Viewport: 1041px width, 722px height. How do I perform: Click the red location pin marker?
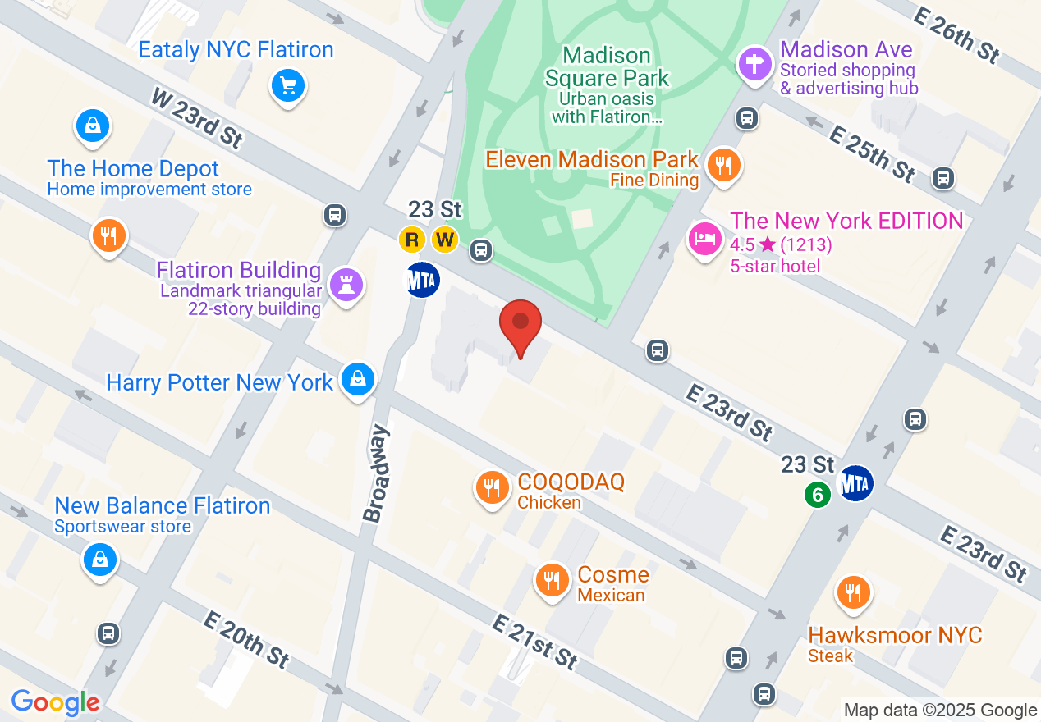[520, 324]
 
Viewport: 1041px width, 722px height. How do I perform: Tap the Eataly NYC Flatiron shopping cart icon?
[287, 85]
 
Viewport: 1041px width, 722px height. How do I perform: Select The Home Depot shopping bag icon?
[94, 126]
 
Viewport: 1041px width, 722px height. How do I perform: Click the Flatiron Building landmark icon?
[346, 285]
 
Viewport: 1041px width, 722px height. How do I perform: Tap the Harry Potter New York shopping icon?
[358, 379]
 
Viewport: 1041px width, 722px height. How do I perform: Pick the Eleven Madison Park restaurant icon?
[722, 165]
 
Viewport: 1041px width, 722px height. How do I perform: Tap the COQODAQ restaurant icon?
[492, 488]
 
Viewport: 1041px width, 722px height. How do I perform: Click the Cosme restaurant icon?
[552, 581]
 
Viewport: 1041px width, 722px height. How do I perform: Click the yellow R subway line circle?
[412, 240]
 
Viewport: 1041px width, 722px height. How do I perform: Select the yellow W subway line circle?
[445, 240]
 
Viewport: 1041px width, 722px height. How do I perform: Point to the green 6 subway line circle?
[817, 495]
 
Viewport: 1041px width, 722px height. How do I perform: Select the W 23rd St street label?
[197, 118]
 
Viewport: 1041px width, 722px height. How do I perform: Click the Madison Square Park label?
[607, 67]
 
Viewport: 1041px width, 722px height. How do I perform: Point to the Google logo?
[56, 703]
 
